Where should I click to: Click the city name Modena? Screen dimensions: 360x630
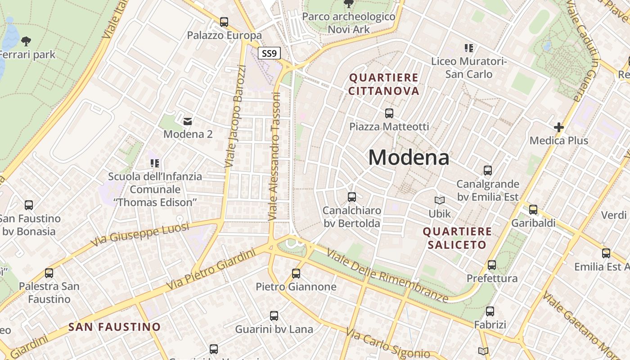[409, 157]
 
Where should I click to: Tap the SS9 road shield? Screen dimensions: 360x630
[269, 54]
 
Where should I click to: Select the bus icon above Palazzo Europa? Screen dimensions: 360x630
[224, 22]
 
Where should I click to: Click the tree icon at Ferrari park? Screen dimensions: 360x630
[26, 41]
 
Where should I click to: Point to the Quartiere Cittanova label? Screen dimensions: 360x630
[384, 84]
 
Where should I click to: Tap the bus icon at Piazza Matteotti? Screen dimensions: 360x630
[389, 113]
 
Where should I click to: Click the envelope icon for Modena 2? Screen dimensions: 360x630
[188, 121]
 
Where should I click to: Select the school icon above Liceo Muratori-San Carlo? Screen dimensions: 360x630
[469, 48]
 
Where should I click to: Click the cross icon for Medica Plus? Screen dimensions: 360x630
[559, 127]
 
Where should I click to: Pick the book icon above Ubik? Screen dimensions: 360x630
[440, 200]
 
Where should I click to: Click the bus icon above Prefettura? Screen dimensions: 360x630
[492, 265]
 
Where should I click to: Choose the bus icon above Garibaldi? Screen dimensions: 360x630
[533, 209]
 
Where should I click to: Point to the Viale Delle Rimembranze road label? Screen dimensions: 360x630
[387, 276]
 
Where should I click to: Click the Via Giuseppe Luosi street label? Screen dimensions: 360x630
[140, 234]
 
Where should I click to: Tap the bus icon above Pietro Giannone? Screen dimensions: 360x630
[296, 273]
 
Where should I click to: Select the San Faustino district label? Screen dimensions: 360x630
[114, 327]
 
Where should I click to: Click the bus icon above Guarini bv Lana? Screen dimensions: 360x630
[274, 316]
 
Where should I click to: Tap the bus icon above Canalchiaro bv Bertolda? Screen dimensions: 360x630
[352, 197]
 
